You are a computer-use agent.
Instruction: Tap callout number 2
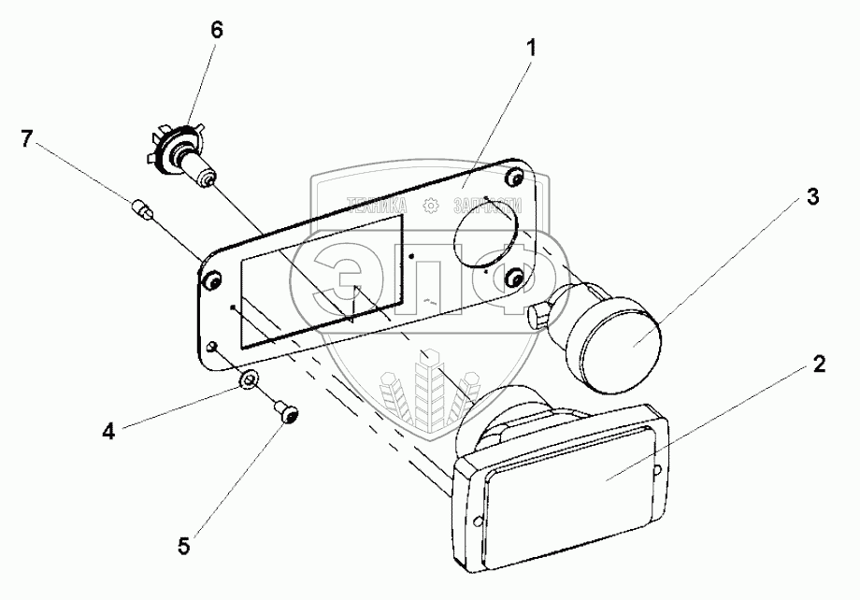pos(818,364)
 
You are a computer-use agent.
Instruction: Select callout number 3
pos(813,197)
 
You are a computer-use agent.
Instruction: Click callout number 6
pos(216,30)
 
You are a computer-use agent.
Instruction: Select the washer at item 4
pos(249,379)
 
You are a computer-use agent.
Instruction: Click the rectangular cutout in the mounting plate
pos(322,278)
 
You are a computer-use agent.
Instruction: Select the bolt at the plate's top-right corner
pos(518,177)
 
